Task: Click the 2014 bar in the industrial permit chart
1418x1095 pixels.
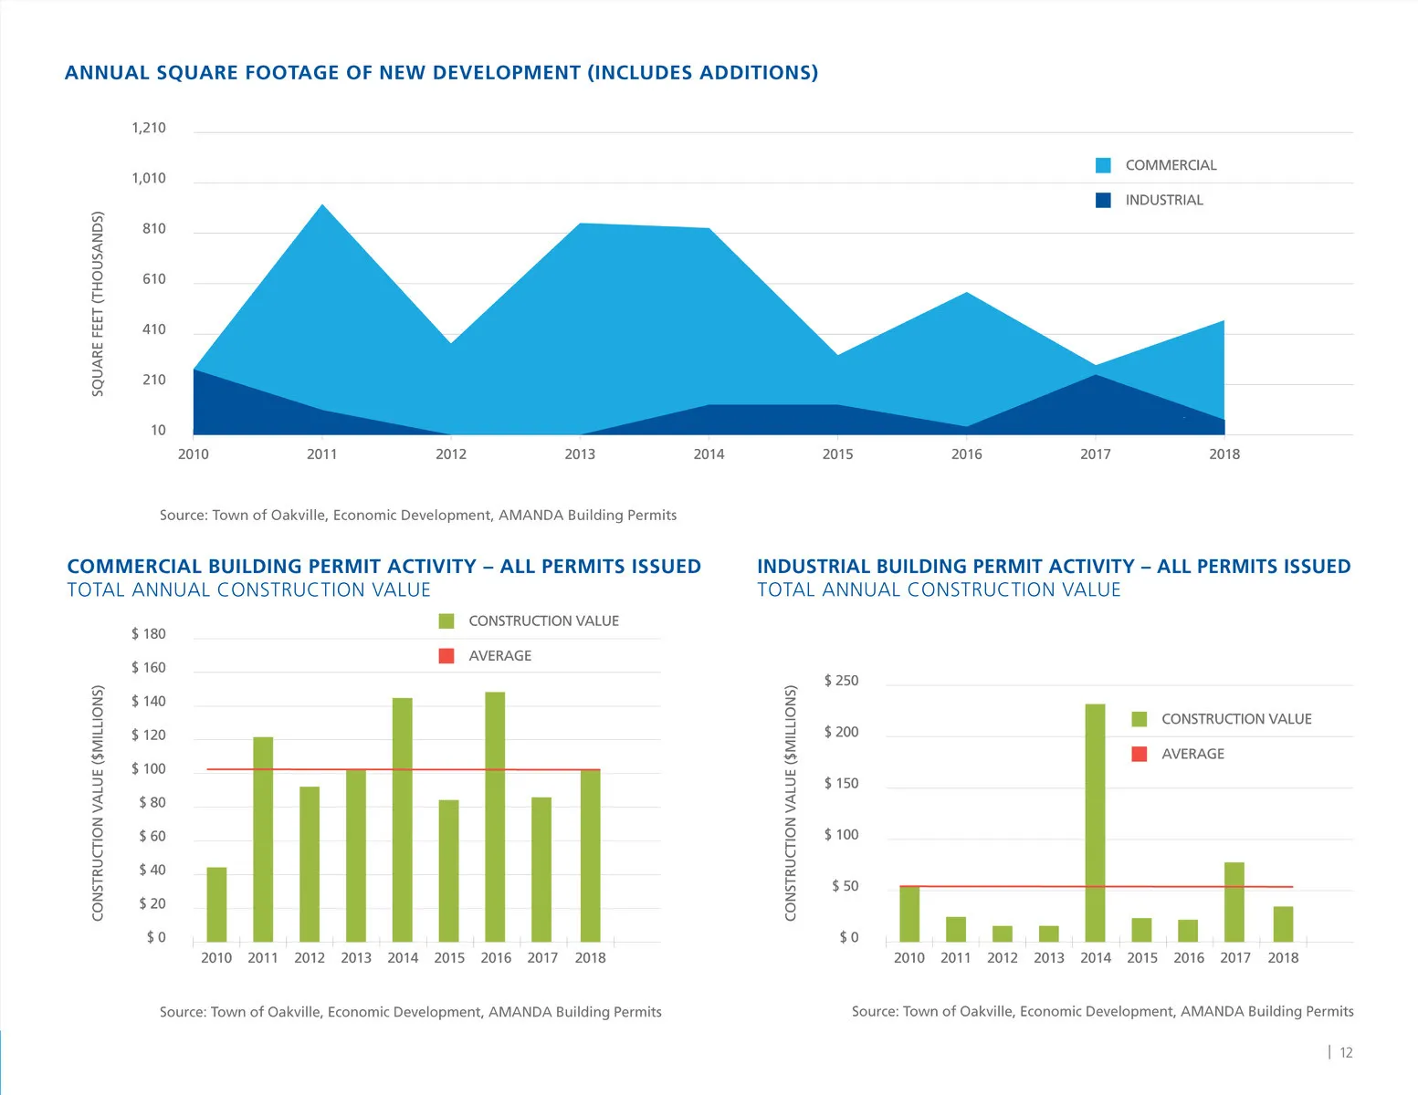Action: pos(1095,821)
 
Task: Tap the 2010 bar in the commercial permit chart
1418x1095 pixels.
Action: pos(216,904)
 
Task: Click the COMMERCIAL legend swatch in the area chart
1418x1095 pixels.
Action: pos(1103,165)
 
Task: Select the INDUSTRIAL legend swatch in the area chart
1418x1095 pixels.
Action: pos(1103,200)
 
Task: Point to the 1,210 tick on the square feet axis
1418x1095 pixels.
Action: pos(149,128)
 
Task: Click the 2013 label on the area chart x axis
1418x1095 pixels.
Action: pos(580,454)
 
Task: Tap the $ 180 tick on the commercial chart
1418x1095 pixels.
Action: pos(149,634)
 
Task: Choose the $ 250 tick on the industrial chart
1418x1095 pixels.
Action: pos(841,681)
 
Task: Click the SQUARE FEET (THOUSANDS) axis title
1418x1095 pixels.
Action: pos(98,304)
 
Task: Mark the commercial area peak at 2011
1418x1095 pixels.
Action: pos(322,206)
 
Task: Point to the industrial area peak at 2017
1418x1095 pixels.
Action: pos(1096,376)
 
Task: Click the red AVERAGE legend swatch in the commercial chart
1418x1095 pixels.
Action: pos(446,656)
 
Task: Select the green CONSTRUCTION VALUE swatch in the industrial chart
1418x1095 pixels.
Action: pos(1139,719)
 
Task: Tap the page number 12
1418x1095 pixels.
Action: pos(1346,1053)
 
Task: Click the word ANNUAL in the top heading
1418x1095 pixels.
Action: pos(100,73)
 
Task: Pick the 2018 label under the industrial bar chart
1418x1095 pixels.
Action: pos(1283,958)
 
